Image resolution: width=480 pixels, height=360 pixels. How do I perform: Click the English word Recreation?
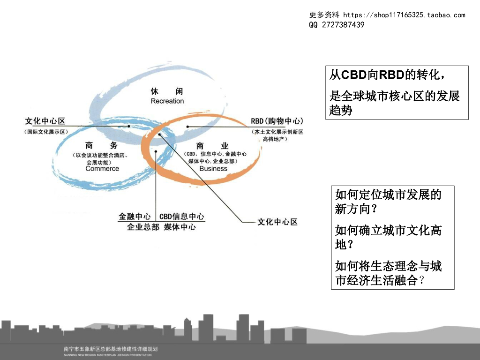click(167, 101)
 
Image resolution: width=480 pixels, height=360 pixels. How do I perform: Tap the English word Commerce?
click(102, 169)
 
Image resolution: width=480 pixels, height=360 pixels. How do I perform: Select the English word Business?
click(213, 169)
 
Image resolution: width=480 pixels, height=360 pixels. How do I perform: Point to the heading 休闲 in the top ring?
click(167, 91)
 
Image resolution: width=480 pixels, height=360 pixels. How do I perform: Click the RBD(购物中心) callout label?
click(277, 121)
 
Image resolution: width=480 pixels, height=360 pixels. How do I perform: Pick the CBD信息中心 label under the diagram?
click(182, 217)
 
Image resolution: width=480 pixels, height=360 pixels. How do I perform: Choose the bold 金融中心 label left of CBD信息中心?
click(135, 217)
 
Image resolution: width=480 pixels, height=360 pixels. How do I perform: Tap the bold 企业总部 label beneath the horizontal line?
click(143, 227)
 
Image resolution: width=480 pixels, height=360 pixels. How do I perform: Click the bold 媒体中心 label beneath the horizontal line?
click(180, 227)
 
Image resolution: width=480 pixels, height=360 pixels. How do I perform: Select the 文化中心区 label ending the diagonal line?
click(277, 222)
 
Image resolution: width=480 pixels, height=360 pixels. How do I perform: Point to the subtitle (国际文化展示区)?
click(46, 132)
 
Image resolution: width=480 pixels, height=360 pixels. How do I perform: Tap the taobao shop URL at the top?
click(404, 15)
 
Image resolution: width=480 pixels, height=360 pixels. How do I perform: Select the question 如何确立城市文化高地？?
click(389, 237)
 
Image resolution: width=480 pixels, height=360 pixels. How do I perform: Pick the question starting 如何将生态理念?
click(389, 273)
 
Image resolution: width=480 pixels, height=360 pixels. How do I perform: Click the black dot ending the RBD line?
click(187, 127)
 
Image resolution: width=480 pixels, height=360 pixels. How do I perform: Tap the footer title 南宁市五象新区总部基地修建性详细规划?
click(111, 349)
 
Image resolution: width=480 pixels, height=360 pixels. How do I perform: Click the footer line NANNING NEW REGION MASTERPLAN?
click(108, 355)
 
